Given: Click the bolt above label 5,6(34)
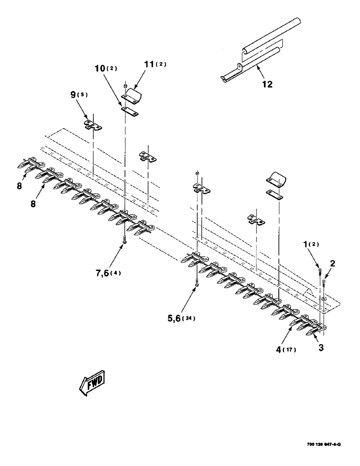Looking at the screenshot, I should (197, 282).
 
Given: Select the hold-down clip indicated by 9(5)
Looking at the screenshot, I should (93, 124).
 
